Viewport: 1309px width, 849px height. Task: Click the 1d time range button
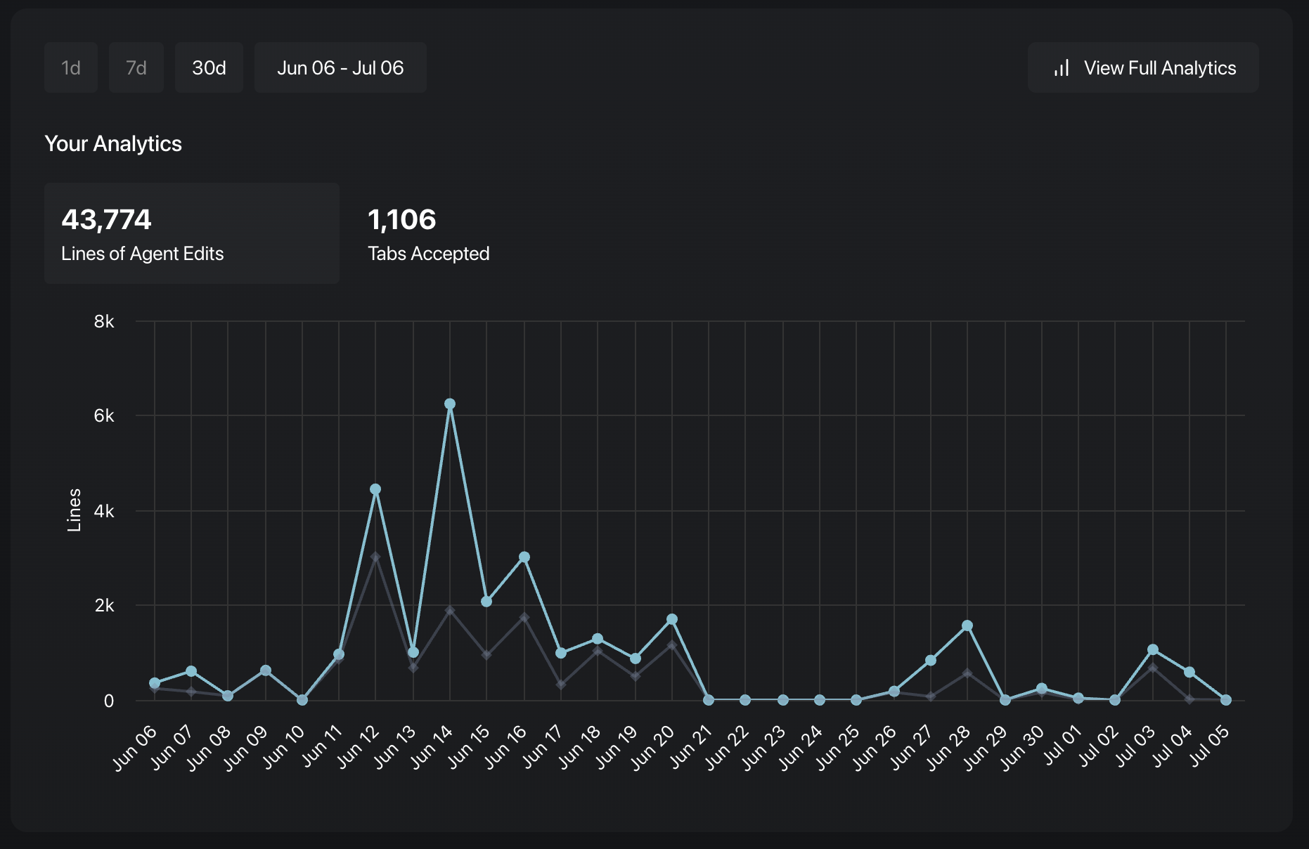tap(71, 67)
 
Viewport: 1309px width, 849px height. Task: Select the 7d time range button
tap(136, 67)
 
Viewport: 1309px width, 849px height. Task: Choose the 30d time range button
tap(209, 67)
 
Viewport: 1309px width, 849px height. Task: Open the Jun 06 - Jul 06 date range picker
tap(340, 67)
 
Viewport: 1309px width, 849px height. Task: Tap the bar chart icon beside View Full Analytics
tap(1062, 68)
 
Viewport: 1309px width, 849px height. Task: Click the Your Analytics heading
tap(113, 143)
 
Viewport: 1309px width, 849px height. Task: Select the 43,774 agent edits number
tap(107, 219)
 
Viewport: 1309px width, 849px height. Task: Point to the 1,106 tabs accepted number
tap(402, 219)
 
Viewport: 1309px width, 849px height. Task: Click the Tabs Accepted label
tap(429, 254)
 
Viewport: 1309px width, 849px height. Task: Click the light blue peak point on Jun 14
tap(450, 404)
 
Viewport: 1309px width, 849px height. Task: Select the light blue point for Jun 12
tap(375, 489)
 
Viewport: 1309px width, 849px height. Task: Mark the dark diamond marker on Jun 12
tap(375, 557)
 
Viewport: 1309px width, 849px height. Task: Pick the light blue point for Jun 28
tap(967, 626)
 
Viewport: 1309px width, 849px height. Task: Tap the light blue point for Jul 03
tap(1153, 650)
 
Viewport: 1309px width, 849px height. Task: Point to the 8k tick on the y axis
tap(104, 322)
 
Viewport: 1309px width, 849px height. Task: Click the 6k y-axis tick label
tap(104, 416)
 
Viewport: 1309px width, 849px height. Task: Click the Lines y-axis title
tap(74, 510)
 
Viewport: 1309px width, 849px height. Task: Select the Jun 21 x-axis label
tap(692, 748)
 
